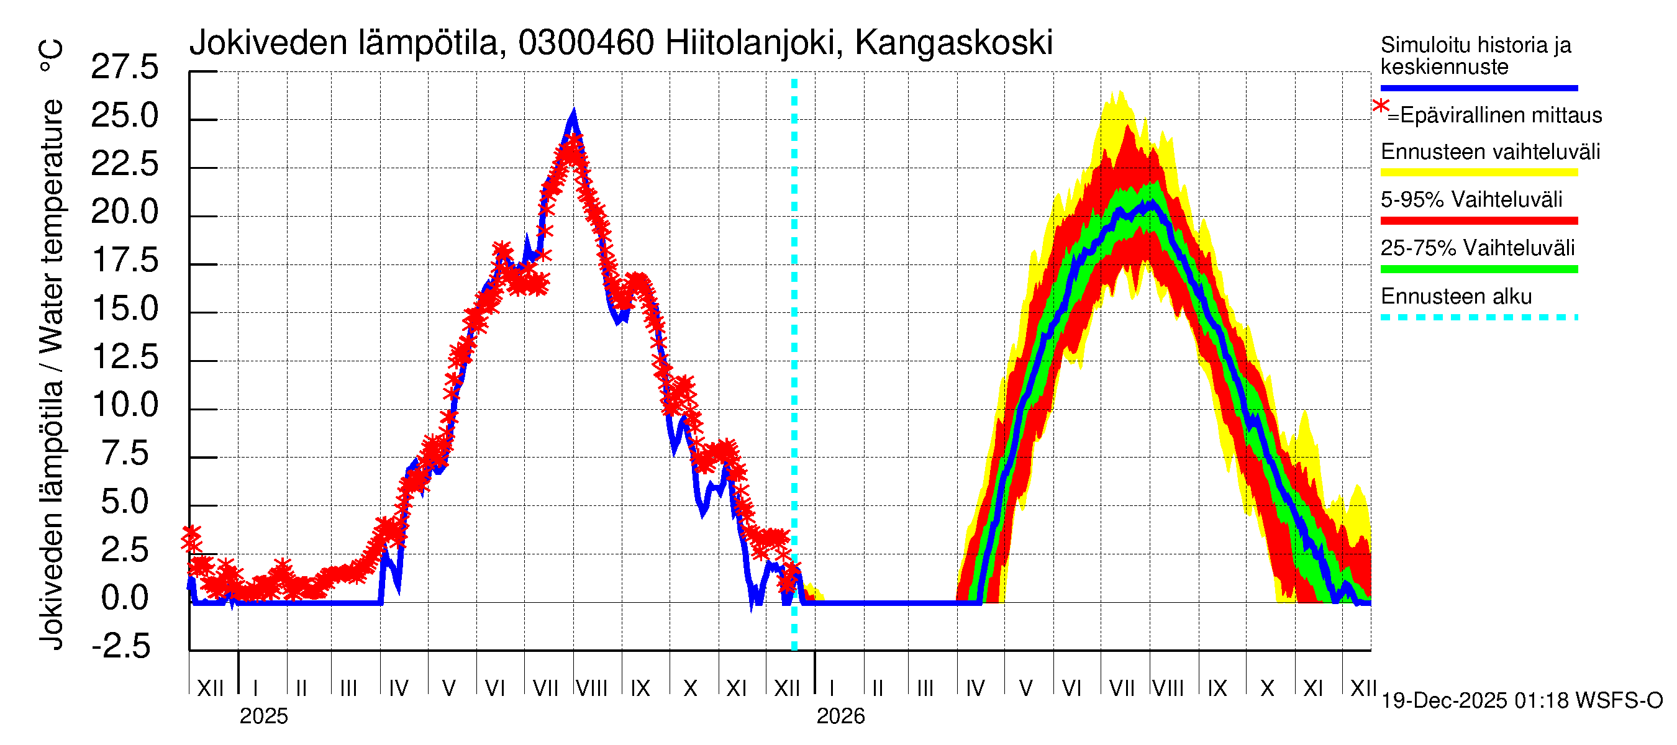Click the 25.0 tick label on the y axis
click(124, 116)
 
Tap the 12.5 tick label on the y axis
click(124, 356)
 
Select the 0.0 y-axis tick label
click(124, 597)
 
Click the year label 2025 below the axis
click(263, 716)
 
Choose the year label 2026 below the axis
click(840, 716)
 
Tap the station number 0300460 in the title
click(585, 43)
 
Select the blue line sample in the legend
click(1478, 88)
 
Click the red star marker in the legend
click(1380, 107)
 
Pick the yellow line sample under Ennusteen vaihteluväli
click(1478, 173)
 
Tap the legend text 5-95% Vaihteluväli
click(1471, 200)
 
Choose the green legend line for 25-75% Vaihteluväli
click(1478, 269)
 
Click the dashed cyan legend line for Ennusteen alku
click(1478, 317)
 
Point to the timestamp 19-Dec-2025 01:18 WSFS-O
click(1521, 701)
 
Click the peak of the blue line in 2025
click(573, 112)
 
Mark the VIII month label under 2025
click(591, 689)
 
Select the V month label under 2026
click(1025, 689)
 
